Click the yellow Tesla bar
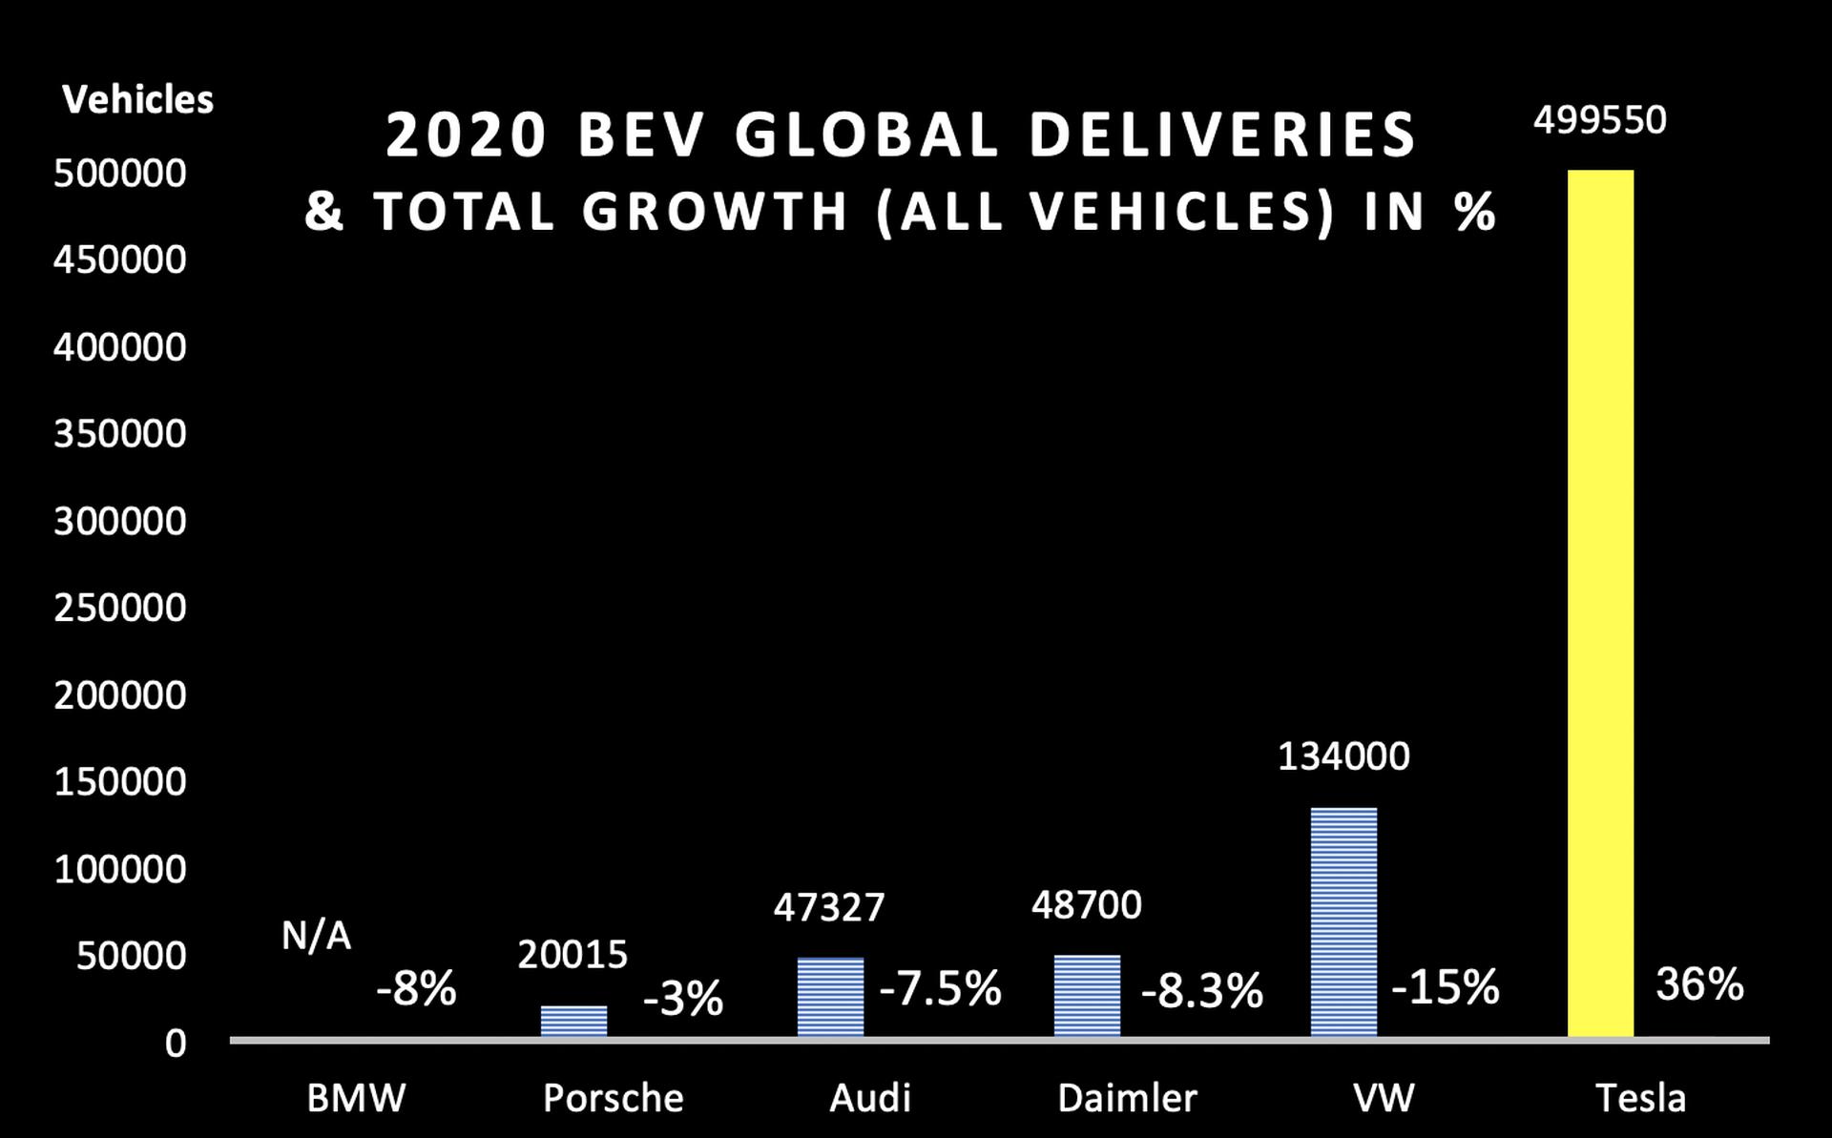(x=1600, y=604)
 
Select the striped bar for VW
(x=1343, y=922)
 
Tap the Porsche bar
(x=573, y=1022)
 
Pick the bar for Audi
(x=830, y=998)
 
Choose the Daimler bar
(x=1087, y=996)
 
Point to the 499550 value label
(x=1600, y=120)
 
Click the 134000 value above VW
(x=1343, y=756)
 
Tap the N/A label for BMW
(x=316, y=936)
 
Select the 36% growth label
(x=1699, y=983)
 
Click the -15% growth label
(x=1446, y=986)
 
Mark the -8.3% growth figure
(x=1202, y=991)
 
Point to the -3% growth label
(x=683, y=999)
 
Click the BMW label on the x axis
(x=356, y=1098)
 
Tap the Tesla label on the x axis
(x=1640, y=1098)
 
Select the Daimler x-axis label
(x=1127, y=1098)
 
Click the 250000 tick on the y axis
(x=120, y=608)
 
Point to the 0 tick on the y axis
(x=176, y=1044)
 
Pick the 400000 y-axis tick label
(x=120, y=347)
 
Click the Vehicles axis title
(x=138, y=99)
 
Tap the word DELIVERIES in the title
(x=1223, y=134)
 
